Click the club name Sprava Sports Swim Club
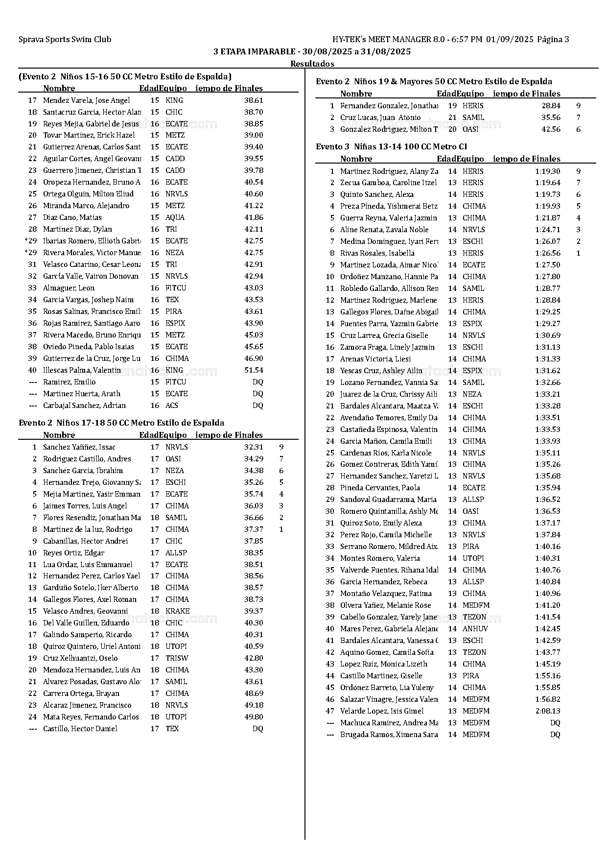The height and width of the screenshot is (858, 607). click(65, 40)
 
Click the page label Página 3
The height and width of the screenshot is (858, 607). click(553, 40)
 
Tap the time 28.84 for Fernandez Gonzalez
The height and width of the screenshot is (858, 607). click(551, 106)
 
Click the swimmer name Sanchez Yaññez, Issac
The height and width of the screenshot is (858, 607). click(79, 447)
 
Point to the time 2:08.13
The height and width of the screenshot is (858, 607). click(548, 711)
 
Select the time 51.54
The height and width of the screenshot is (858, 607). click(254, 370)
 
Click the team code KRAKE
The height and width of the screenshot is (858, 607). click(177, 611)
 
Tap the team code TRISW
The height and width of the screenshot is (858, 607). click(177, 658)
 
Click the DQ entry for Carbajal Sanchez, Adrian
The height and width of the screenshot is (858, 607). click(257, 405)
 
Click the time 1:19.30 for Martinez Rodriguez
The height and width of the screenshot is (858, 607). click(548, 171)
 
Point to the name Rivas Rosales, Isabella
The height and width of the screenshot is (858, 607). click(377, 253)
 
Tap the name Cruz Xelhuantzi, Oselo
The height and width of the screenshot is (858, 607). click(80, 658)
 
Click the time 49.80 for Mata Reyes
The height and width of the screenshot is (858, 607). click(254, 717)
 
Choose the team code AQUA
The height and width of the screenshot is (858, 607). click(175, 217)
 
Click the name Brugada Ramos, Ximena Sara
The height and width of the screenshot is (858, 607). click(389, 735)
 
